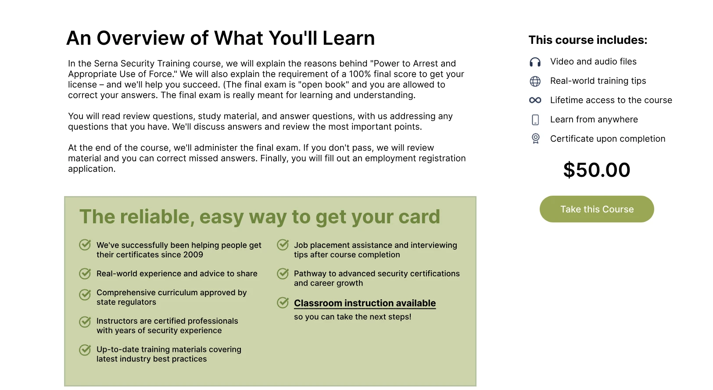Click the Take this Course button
coord(597,209)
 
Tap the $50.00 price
coord(597,170)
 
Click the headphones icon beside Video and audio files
coord(535,62)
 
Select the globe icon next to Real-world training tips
coord(535,81)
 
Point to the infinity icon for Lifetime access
coord(535,100)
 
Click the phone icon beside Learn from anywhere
coord(535,120)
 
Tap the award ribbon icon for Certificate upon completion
coord(536,139)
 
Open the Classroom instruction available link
coord(365,303)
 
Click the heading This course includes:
coord(588,40)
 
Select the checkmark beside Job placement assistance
coord(283,245)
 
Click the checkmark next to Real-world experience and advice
coord(85,273)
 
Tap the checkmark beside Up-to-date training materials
coord(85,350)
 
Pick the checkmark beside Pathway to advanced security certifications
coord(283,273)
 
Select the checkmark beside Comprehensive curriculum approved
coord(85,295)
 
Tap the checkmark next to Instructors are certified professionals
coord(85,322)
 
